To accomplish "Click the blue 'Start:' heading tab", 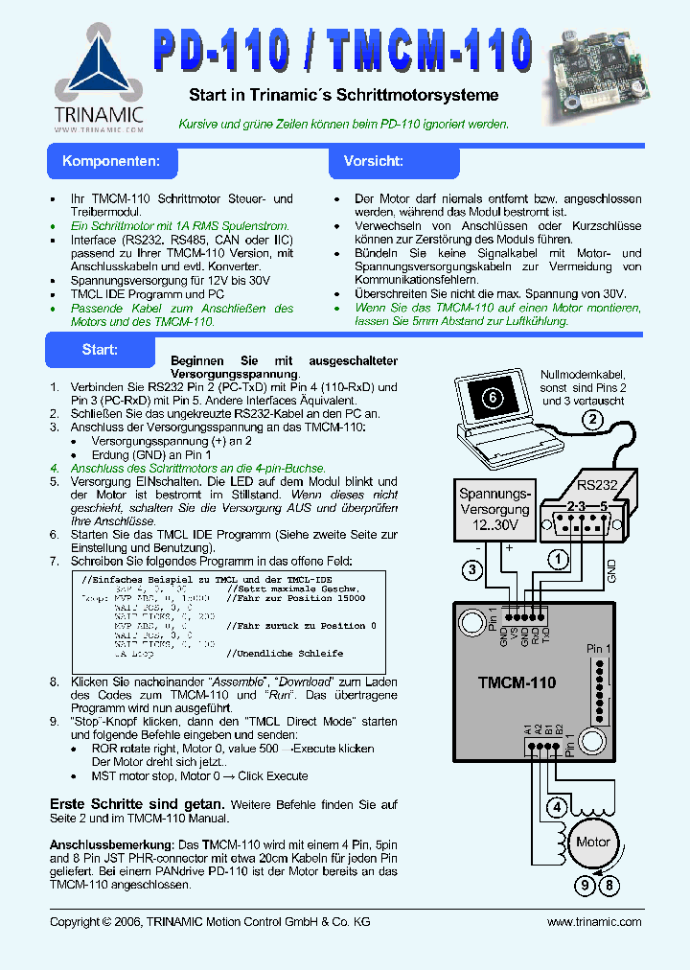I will coord(100,349).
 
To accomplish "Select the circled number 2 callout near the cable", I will coord(593,419).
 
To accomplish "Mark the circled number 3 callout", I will coord(471,571).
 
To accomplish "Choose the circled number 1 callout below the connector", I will coord(557,557).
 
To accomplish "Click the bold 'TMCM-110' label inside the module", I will coord(517,683).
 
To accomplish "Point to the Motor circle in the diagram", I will coord(592,842).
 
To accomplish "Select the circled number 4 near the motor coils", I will coord(556,806).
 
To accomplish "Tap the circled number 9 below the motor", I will coord(585,886).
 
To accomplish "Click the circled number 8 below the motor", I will coord(608,886).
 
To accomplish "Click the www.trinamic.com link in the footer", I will coord(593,922).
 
